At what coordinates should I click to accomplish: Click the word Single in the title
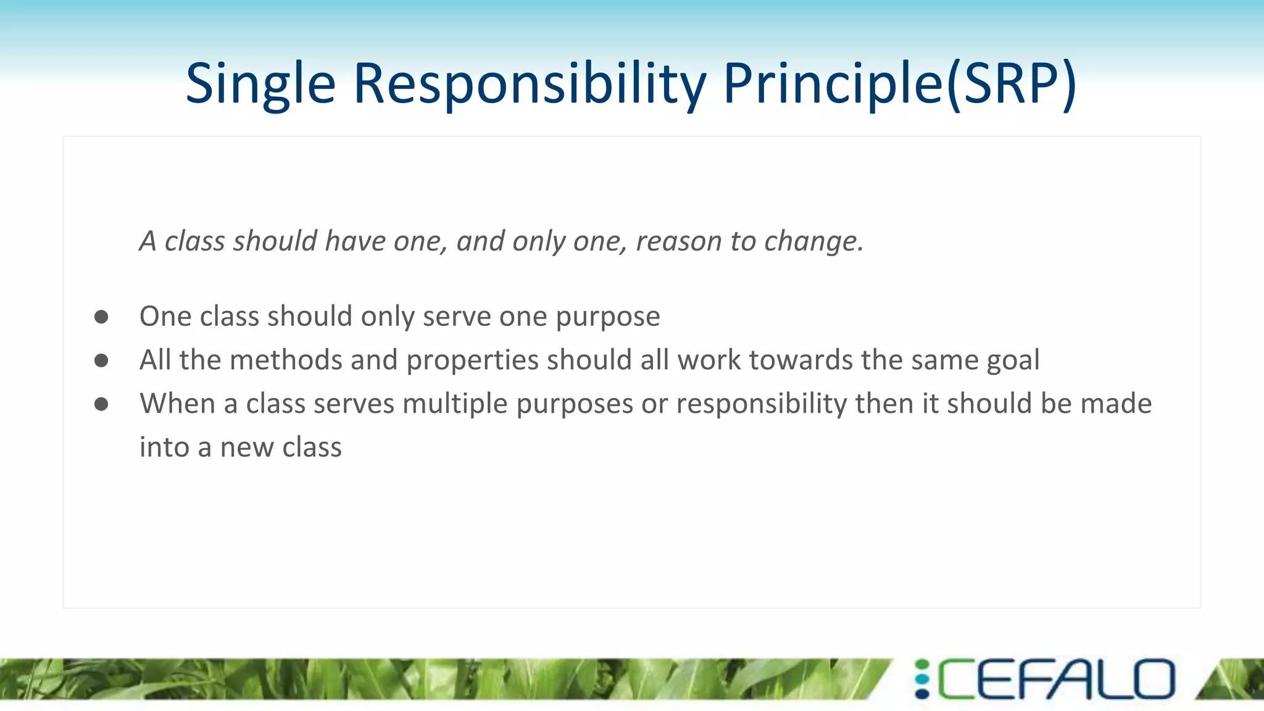pos(260,85)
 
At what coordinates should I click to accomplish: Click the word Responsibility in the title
pos(530,85)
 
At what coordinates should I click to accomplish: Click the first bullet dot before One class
pos(101,317)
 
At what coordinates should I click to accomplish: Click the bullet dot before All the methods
pos(101,360)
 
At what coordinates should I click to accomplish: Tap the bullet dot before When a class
pos(101,404)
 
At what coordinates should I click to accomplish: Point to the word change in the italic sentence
pos(813,241)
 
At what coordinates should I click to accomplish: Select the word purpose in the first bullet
pos(607,317)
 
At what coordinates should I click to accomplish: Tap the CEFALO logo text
pos(1057,680)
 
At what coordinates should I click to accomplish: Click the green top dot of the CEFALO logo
pos(922,665)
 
